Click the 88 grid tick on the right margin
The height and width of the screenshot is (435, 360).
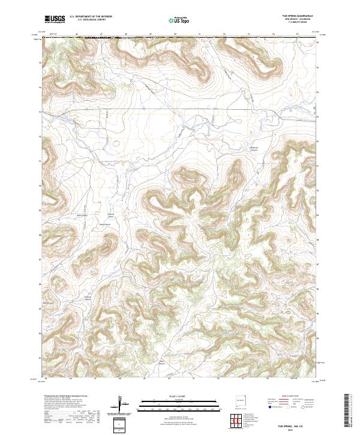[320, 238]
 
